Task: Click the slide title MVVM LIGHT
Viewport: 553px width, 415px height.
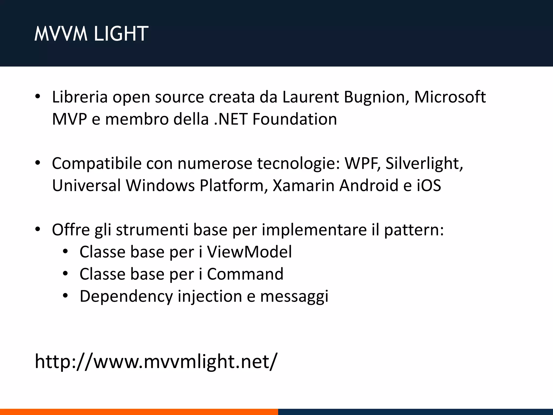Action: [91, 34]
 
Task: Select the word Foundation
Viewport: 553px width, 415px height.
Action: [295, 119]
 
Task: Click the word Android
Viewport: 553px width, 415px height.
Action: [369, 186]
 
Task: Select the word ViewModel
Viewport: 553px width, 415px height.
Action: [249, 252]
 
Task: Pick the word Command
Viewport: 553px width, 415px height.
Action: [245, 274]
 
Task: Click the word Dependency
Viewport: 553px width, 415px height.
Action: [126, 296]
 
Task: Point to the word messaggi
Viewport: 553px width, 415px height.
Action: [294, 296]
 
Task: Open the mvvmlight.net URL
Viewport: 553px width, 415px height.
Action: [156, 361]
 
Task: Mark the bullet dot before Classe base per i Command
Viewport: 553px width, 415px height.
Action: [65, 274]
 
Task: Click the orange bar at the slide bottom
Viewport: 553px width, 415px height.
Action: [139, 412]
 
